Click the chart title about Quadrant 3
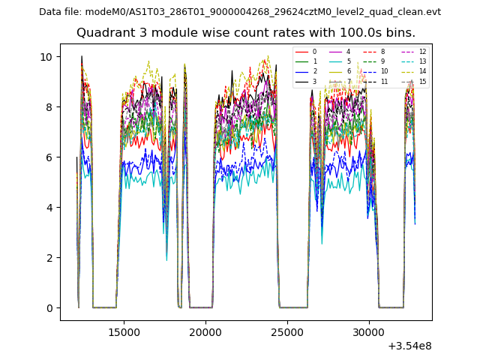(x=246, y=33)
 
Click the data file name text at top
(x=240, y=12)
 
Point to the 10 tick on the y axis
(x=46, y=57)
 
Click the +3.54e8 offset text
(x=409, y=346)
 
